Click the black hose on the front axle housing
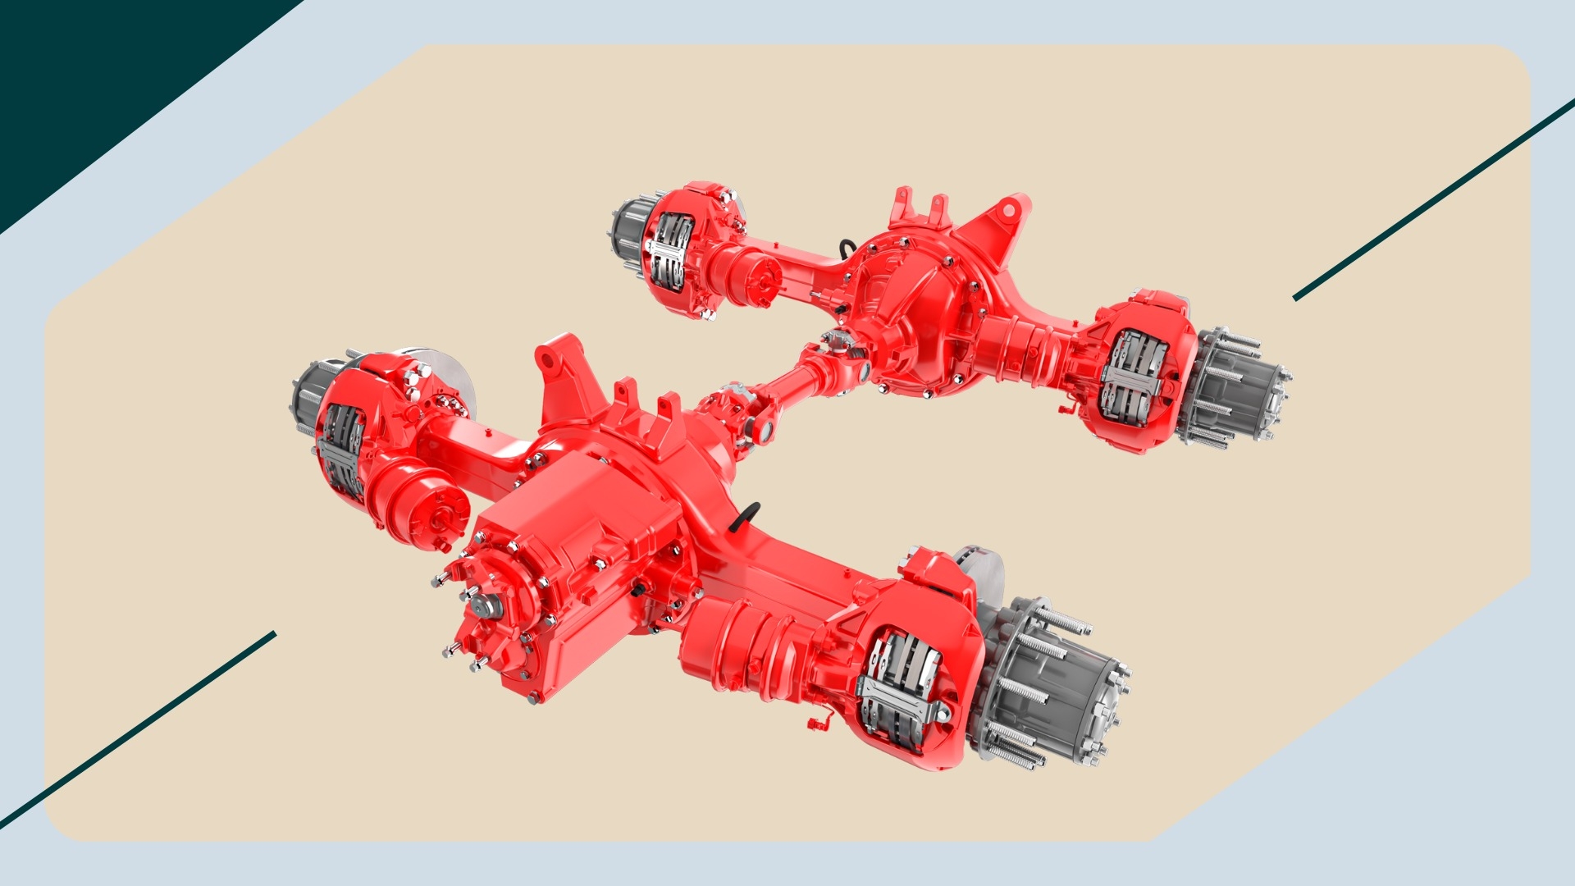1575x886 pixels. point(746,516)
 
